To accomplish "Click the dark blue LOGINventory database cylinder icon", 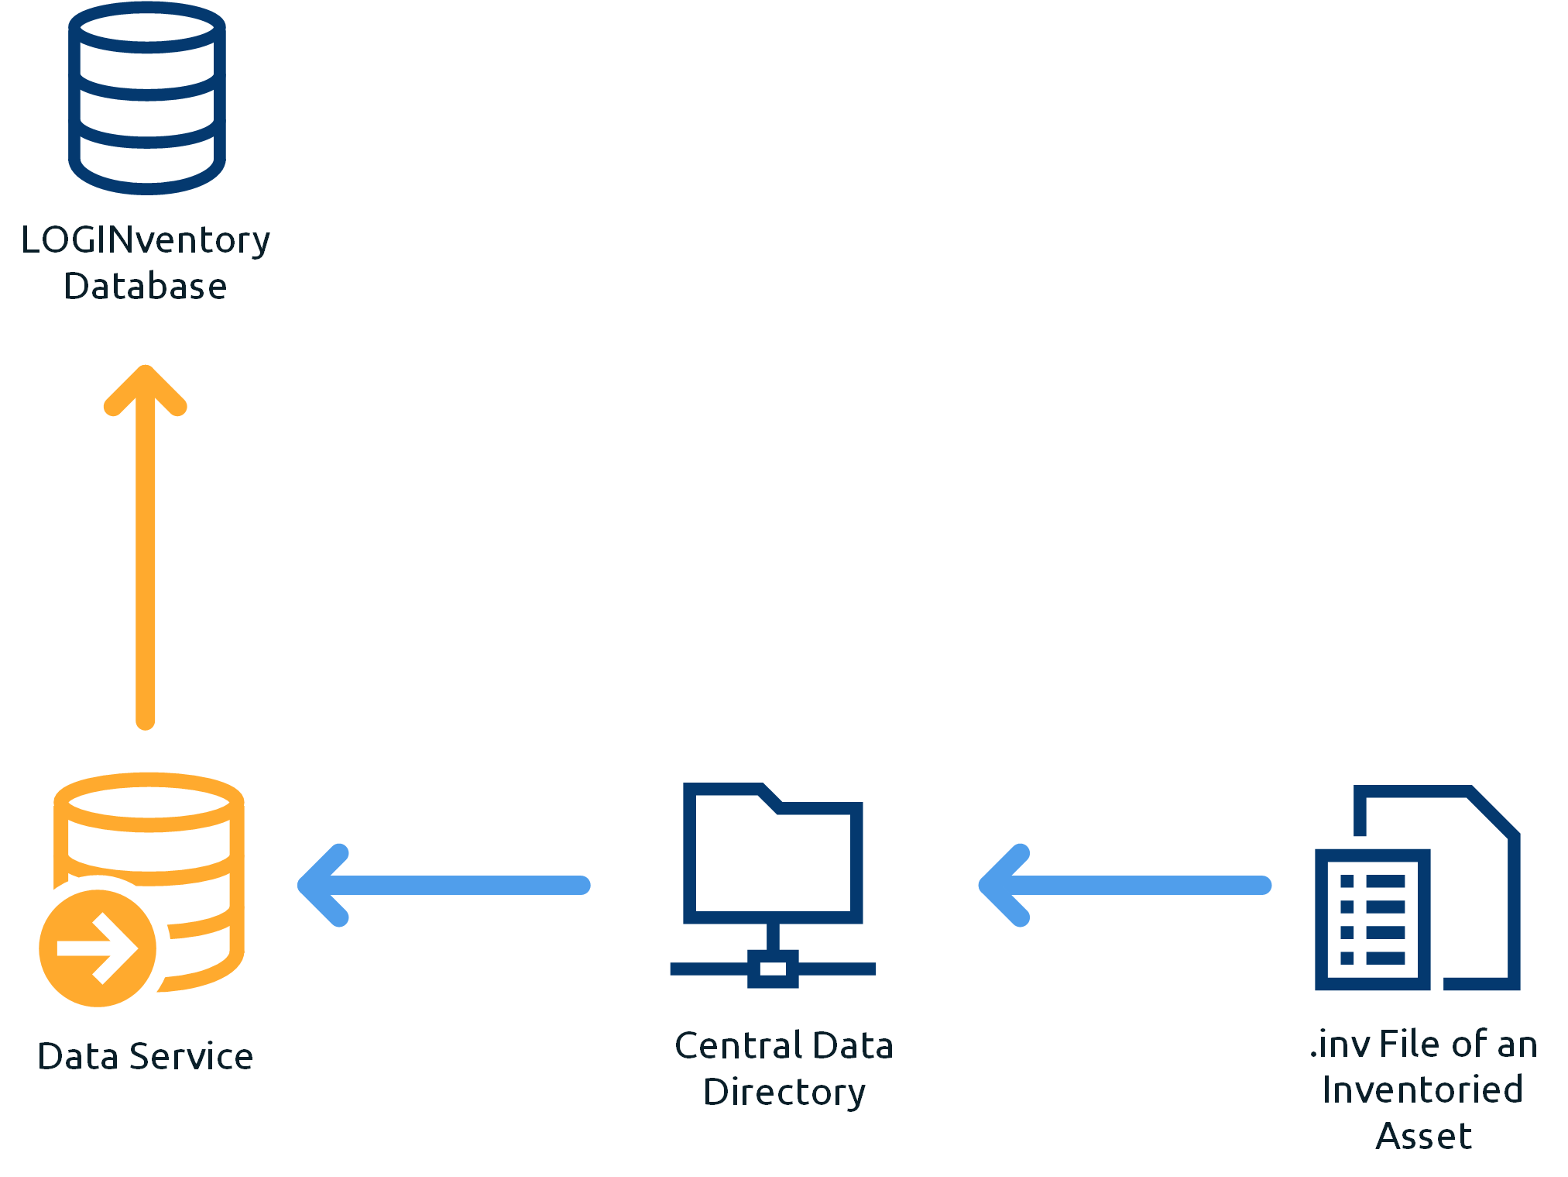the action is pyautogui.click(x=147, y=98).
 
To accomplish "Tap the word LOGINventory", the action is pyautogui.click(x=146, y=240).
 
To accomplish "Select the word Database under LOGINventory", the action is pyautogui.click(x=146, y=286).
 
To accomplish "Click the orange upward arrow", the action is pyautogui.click(x=146, y=547).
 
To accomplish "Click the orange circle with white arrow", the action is pyautogui.click(x=98, y=948).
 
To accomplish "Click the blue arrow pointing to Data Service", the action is pyautogui.click(x=444, y=885).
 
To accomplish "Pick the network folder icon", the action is pyautogui.click(x=773, y=885).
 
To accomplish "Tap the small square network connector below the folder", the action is pyautogui.click(x=773, y=969).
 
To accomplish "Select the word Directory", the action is pyautogui.click(x=784, y=1092).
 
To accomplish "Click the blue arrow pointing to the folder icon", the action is pyautogui.click(x=1125, y=885).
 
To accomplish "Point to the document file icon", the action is pyautogui.click(x=1418, y=887).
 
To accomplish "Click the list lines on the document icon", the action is pyautogui.click(x=1372, y=920).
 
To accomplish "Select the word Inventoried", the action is pyautogui.click(x=1423, y=1089).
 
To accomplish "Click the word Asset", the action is pyautogui.click(x=1423, y=1136).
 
